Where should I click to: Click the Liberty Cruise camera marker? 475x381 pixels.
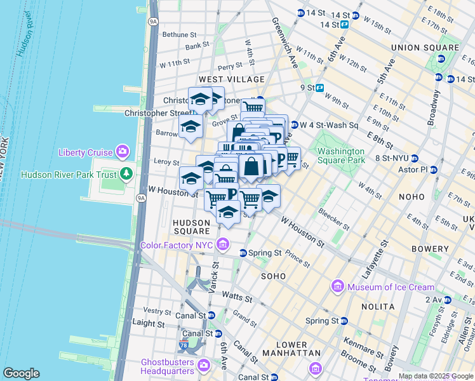(122, 152)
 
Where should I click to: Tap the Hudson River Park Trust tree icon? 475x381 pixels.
(126, 173)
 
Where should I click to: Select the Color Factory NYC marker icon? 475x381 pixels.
(222, 244)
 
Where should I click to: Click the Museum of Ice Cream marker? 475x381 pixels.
(337, 287)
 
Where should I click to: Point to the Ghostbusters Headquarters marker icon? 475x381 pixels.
(203, 364)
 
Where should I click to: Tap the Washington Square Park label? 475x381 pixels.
(341, 156)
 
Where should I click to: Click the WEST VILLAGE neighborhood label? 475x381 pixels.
(231, 79)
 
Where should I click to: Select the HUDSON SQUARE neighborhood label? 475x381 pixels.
(191, 227)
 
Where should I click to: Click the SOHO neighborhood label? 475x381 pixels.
(273, 276)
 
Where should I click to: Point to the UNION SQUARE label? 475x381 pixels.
(425, 48)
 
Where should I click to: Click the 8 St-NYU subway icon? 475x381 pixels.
(414, 158)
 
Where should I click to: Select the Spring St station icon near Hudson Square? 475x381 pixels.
(243, 253)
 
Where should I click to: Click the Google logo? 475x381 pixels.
(21, 373)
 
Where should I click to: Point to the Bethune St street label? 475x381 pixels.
(179, 35)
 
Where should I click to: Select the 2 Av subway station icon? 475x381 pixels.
(447, 299)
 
